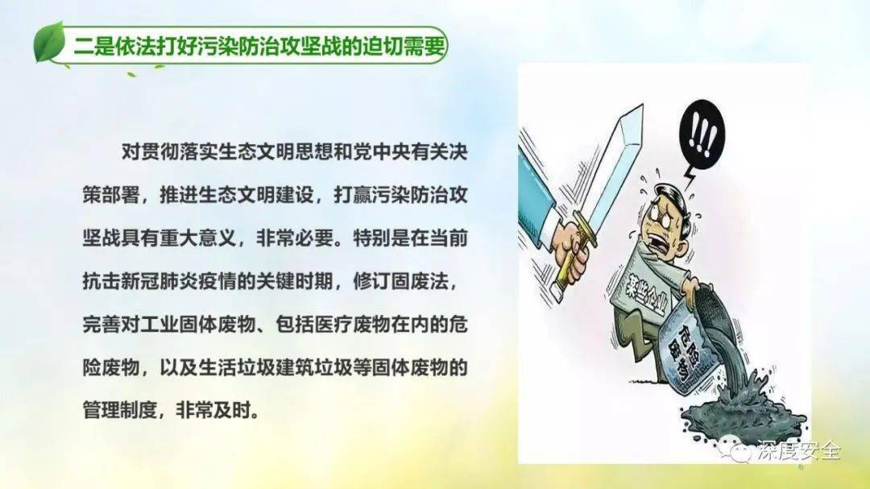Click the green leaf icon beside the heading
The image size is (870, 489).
pyautogui.click(x=50, y=44)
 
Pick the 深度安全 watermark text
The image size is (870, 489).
pyautogui.click(x=799, y=450)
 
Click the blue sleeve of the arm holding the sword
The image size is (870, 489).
pyautogui.click(x=538, y=189)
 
